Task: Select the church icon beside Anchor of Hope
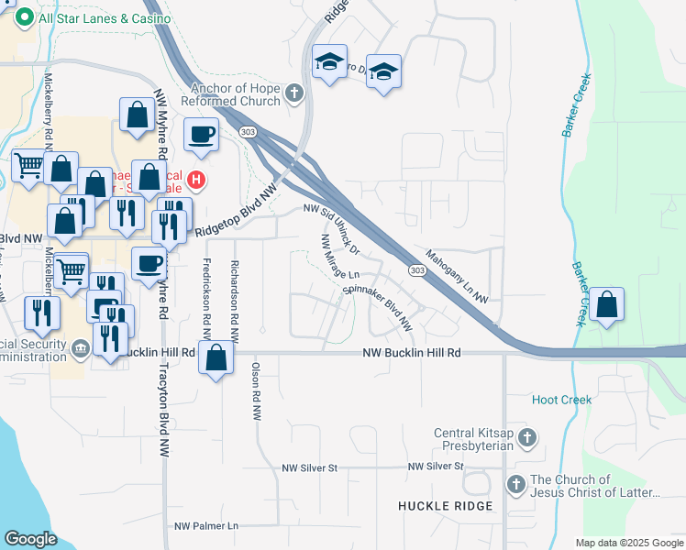293,93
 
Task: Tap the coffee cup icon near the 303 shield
202,135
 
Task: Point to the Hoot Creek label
562,400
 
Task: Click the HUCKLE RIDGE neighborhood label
445,506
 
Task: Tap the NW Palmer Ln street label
206,526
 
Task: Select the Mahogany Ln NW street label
457,276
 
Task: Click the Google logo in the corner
31,539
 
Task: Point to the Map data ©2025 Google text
628,543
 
